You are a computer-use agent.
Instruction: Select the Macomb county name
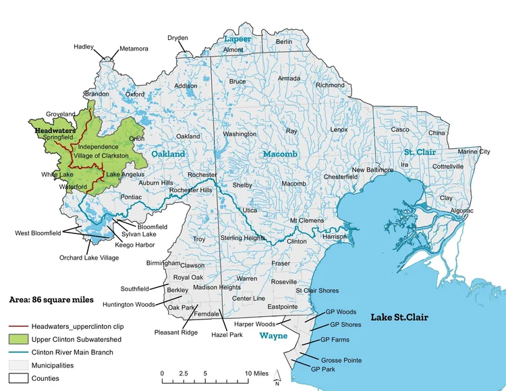(x=280, y=154)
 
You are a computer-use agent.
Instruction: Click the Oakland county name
(x=167, y=154)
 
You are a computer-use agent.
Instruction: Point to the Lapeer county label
(x=237, y=39)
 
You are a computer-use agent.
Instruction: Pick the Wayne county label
(x=274, y=335)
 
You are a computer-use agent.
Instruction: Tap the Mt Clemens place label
(x=307, y=220)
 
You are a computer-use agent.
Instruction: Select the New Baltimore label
(x=372, y=170)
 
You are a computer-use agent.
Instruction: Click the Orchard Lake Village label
(x=89, y=258)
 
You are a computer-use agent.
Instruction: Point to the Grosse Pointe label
(x=341, y=360)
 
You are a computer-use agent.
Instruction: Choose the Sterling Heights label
(x=243, y=238)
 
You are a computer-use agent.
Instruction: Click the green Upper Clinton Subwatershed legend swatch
(x=18, y=339)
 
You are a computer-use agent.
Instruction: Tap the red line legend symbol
(x=18, y=326)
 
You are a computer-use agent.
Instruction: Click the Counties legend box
(x=18, y=378)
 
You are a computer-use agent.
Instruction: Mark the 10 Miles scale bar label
(x=257, y=373)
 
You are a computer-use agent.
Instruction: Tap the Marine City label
(x=474, y=152)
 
